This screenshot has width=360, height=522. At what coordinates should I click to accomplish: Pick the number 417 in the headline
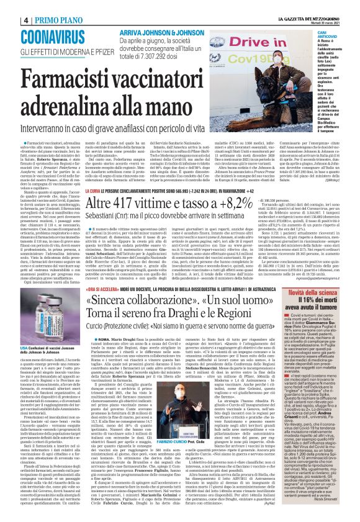(145, 220)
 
